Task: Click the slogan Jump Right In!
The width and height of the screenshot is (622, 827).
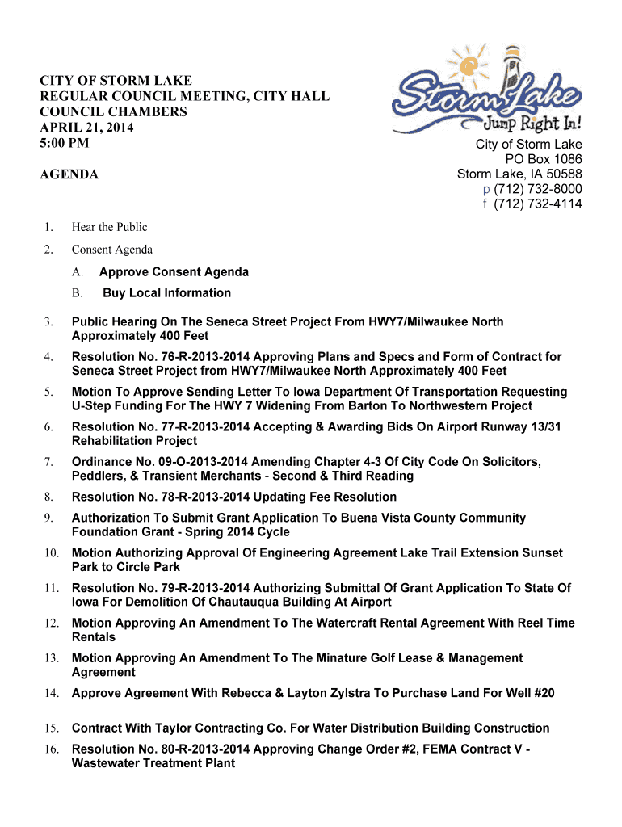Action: pos(532,124)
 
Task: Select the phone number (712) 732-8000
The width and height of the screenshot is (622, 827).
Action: pos(537,189)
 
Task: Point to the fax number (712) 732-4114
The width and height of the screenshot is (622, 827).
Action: pos(537,204)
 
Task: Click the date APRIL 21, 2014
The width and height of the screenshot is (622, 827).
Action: pos(87,128)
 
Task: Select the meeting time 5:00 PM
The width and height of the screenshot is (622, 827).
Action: pos(65,143)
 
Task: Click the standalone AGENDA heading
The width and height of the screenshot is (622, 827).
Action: pos(69,174)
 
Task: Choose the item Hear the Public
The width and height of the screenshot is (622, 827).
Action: pos(109,227)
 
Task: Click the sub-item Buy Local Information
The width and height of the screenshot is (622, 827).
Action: pos(166,293)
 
